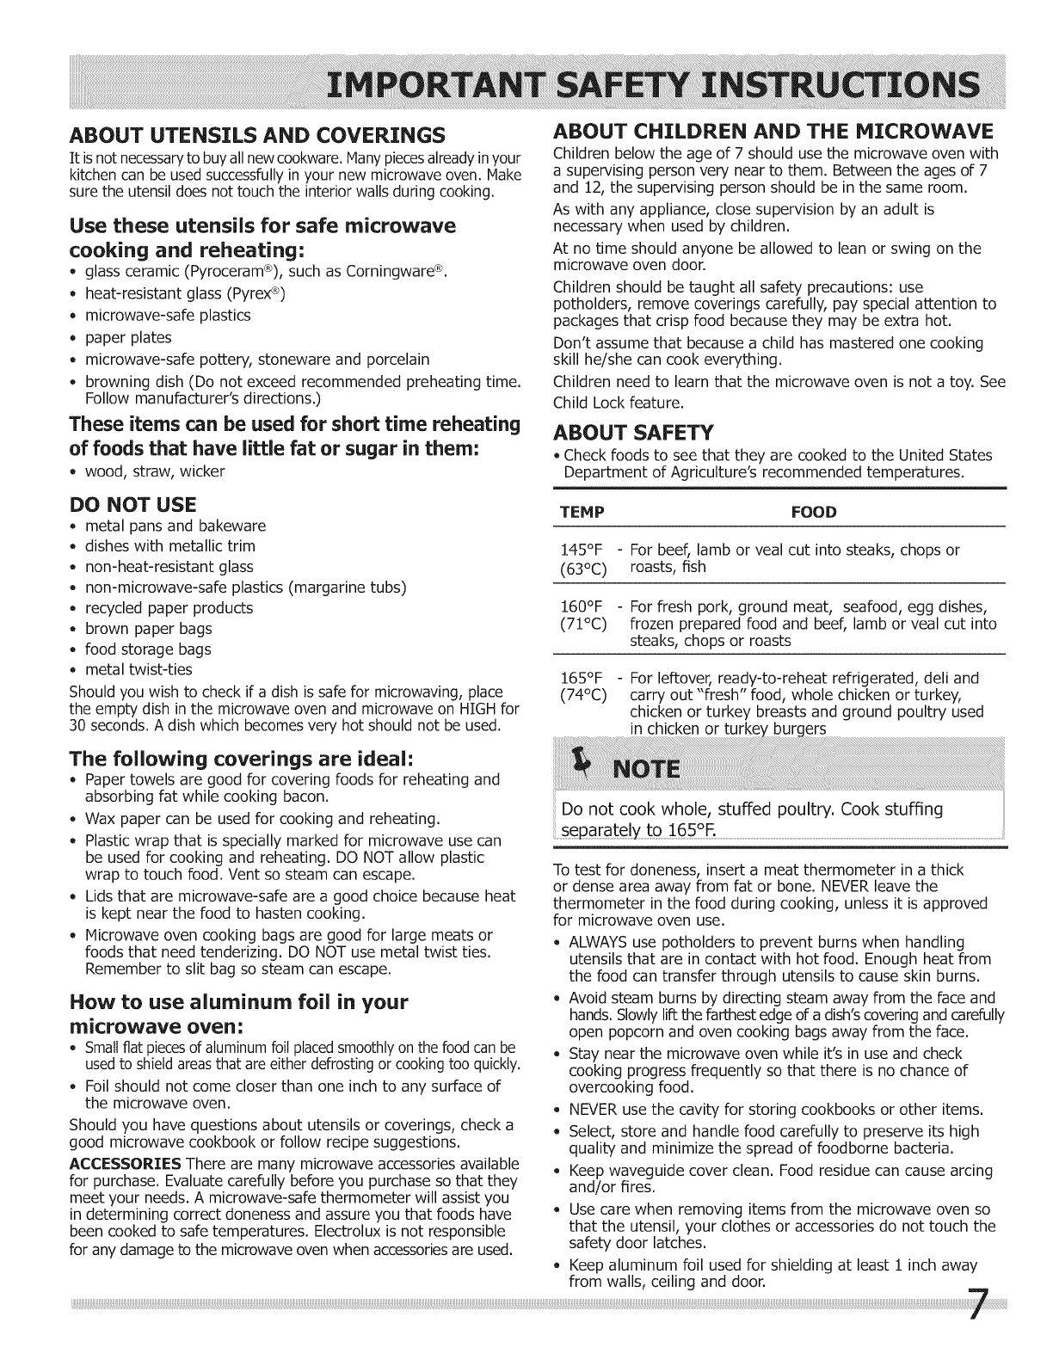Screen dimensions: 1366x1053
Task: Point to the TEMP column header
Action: click(582, 513)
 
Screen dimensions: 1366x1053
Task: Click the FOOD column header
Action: click(813, 513)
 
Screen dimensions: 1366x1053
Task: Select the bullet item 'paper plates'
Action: click(128, 337)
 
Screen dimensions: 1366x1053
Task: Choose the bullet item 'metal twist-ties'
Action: click(139, 669)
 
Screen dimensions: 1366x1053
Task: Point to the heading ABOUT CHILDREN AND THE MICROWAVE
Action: click(772, 131)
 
